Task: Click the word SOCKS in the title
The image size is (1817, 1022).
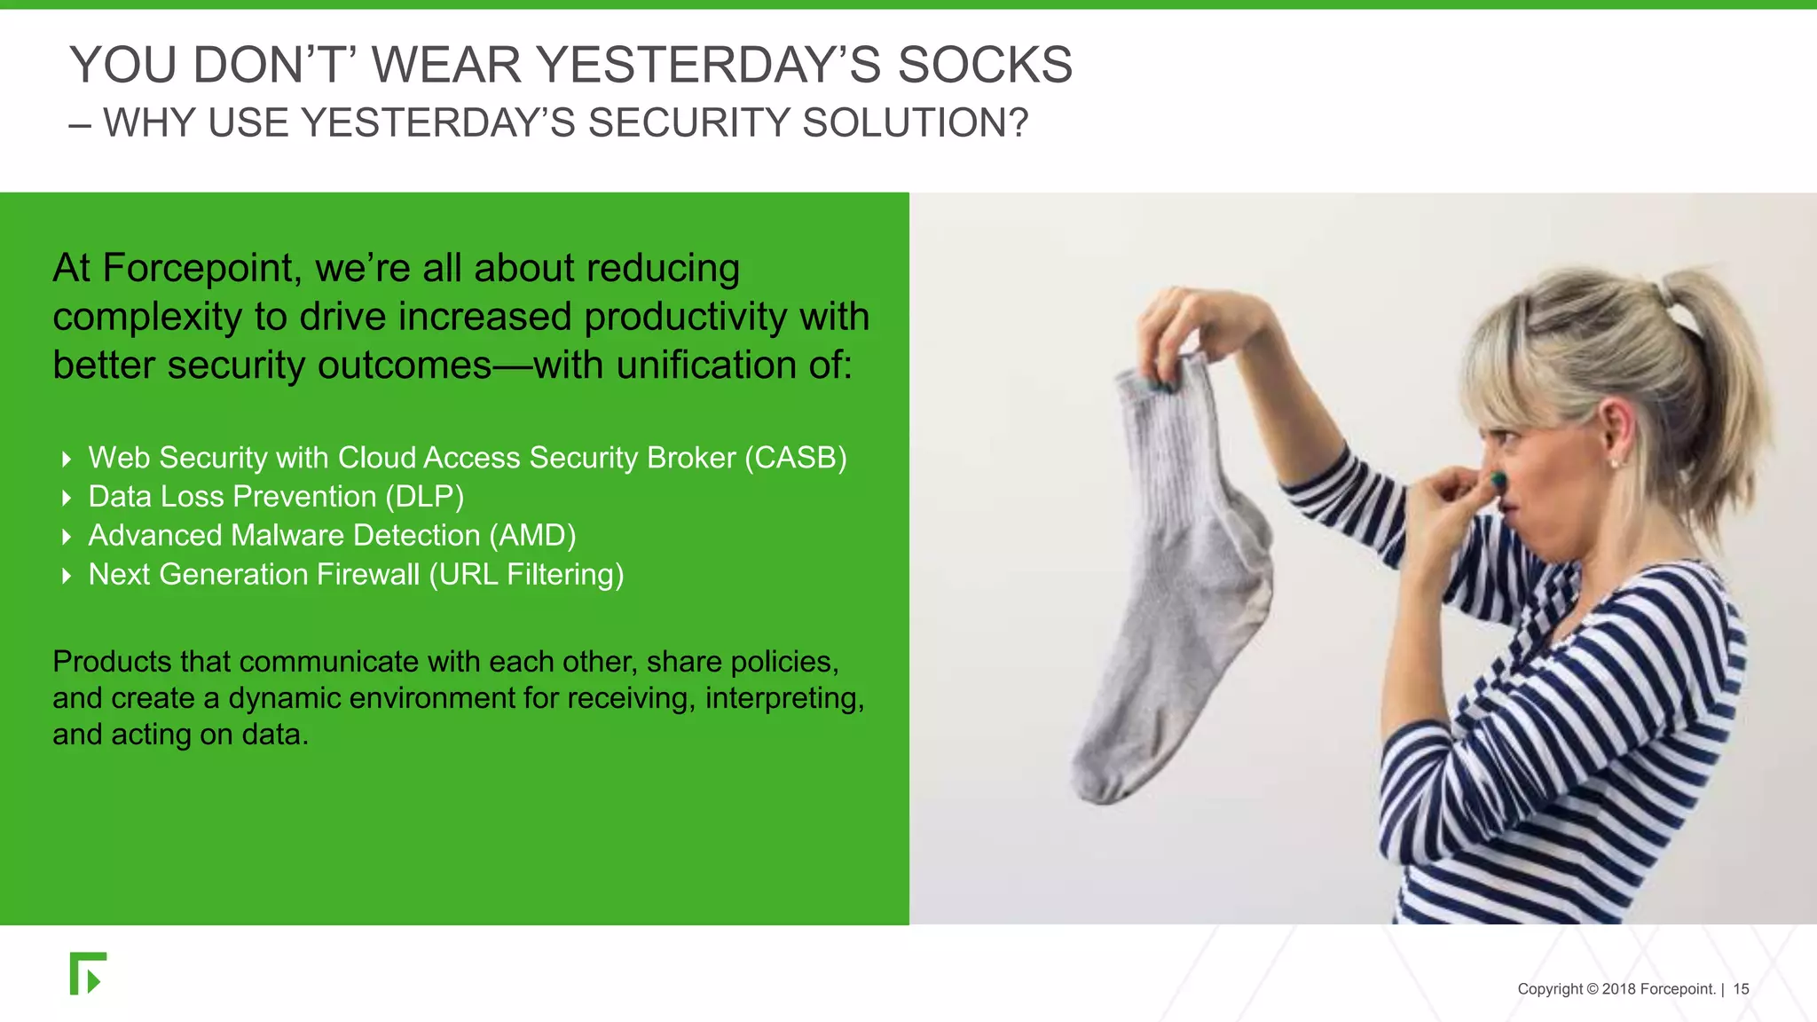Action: [x=985, y=66]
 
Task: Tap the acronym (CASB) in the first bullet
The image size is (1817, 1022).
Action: [x=795, y=458]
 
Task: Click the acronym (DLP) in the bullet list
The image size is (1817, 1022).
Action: [x=424, y=497]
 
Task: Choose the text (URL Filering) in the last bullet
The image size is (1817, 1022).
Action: [x=527, y=575]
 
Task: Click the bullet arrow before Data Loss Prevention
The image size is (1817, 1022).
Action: [x=67, y=498]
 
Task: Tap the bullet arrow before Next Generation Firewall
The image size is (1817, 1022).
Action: [x=67, y=576]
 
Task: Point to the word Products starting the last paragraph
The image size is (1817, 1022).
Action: [x=112, y=662]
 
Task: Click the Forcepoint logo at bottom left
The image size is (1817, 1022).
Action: [x=88, y=974]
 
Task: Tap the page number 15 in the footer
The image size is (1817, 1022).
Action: [x=1741, y=989]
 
